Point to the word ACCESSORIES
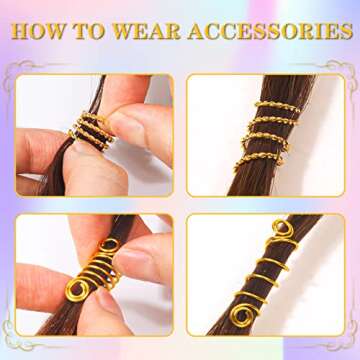click(x=264, y=31)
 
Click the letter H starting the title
click(x=17, y=31)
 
